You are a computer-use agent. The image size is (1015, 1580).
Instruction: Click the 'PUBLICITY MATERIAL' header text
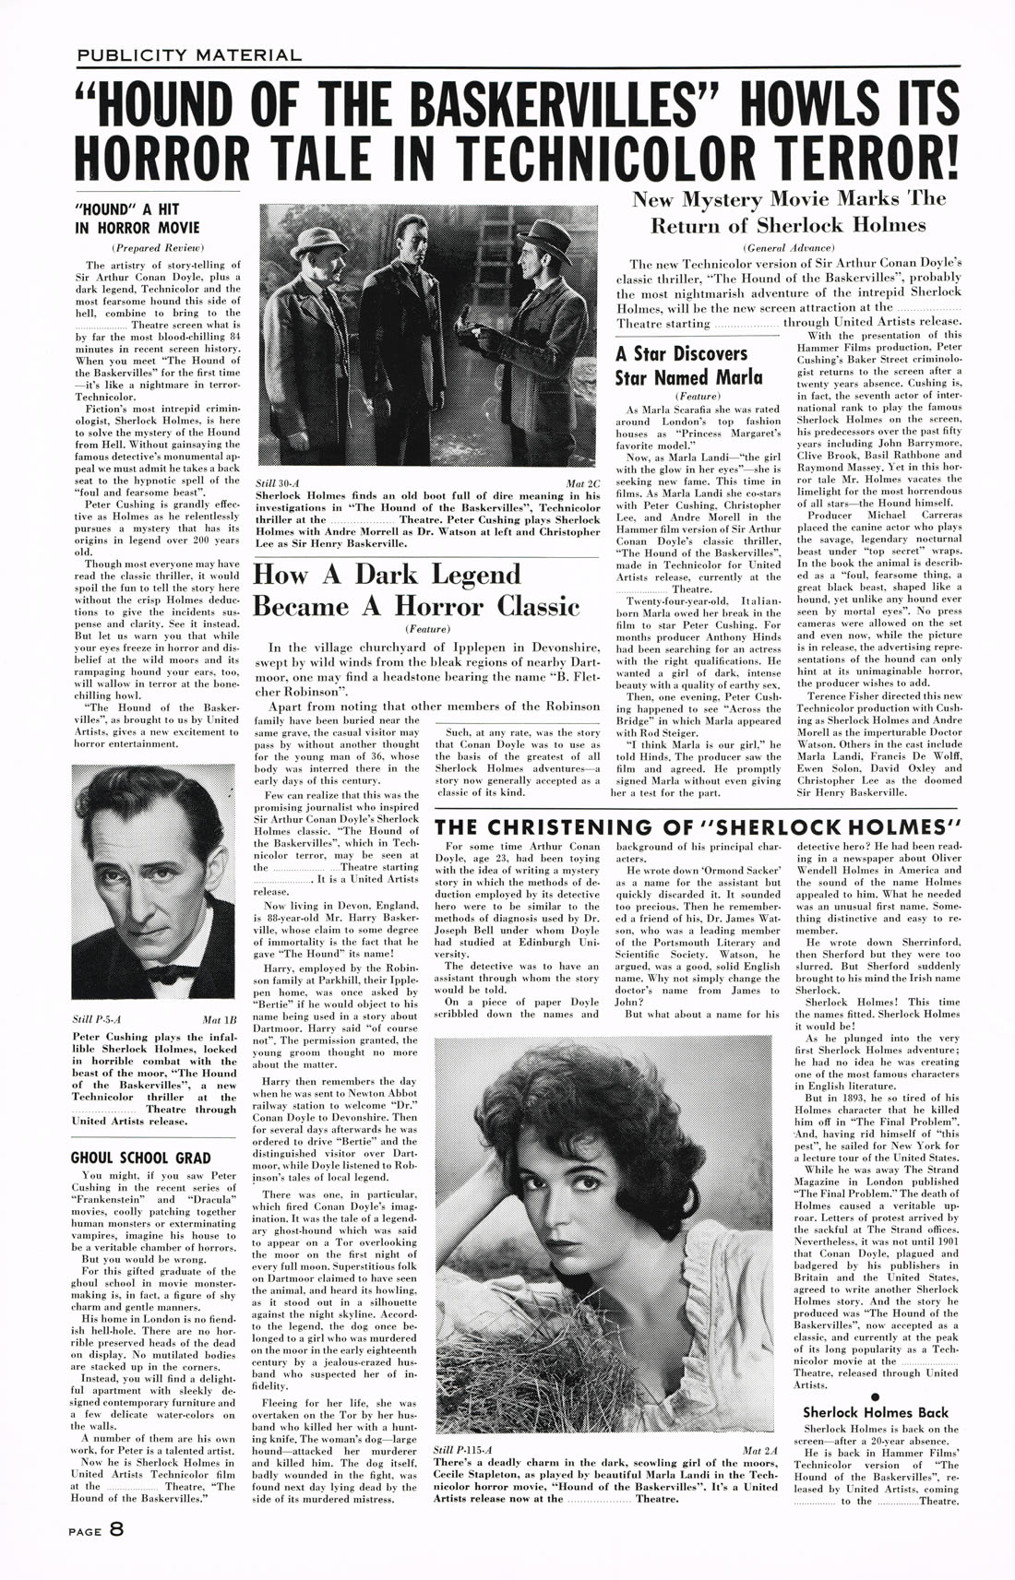pyautogui.click(x=188, y=55)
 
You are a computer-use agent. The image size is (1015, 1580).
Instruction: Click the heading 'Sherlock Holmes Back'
pyautogui.click(x=875, y=1412)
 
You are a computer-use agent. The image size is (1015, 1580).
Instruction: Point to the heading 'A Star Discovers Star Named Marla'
pyautogui.click(x=688, y=365)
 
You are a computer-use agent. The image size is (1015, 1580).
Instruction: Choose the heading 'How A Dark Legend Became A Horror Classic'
pyautogui.click(x=416, y=590)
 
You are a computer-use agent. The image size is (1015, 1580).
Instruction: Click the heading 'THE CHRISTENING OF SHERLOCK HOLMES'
pyautogui.click(x=698, y=826)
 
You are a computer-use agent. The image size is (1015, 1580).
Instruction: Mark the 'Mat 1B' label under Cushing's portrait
pyautogui.click(x=219, y=1021)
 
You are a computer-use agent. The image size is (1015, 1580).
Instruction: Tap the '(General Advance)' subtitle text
pyautogui.click(x=788, y=247)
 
